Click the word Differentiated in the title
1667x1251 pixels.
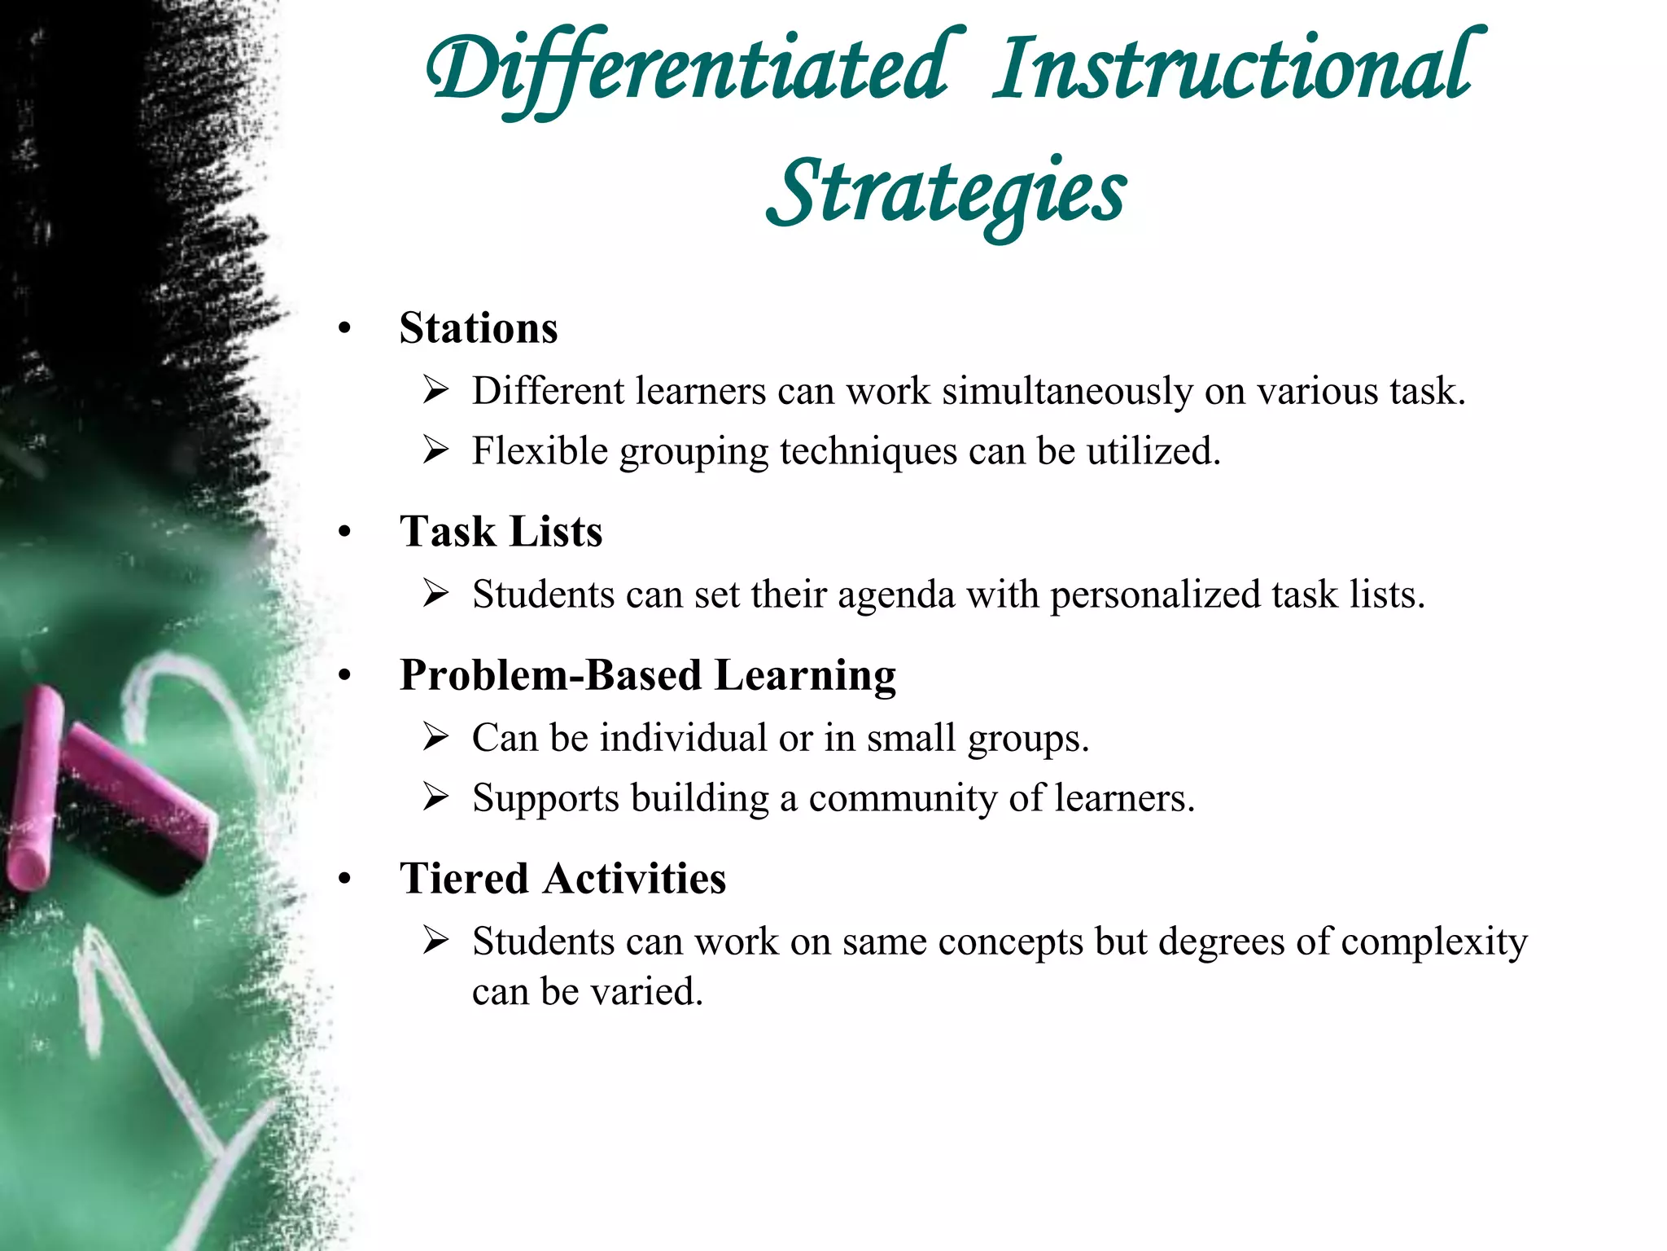(x=688, y=69)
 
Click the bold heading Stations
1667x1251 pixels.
(x=479, y=328)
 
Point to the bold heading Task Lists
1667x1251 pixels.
(x=501, y=532)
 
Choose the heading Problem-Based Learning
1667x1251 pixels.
(x=647, y=675)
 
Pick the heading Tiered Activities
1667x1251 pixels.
(x=562, y=879)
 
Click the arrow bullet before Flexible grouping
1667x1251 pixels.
(x=436, y=451)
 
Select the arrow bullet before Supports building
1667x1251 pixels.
(x=436, y=798)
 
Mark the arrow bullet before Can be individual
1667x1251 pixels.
(x=436, y=738)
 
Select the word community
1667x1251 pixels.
(x=903, y=798)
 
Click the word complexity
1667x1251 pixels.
(x=1433, y=942)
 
